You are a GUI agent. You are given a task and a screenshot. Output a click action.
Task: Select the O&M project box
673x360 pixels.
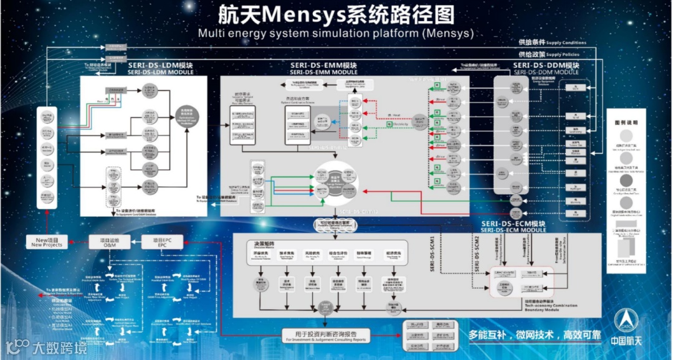pos(113,242)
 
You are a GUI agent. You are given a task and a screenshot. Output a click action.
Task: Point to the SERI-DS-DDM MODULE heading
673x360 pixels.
pos(545,69)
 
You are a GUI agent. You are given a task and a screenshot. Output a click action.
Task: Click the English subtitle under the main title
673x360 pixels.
pos(336,32)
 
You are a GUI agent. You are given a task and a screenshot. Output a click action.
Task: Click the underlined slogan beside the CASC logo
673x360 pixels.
pos(535,334)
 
